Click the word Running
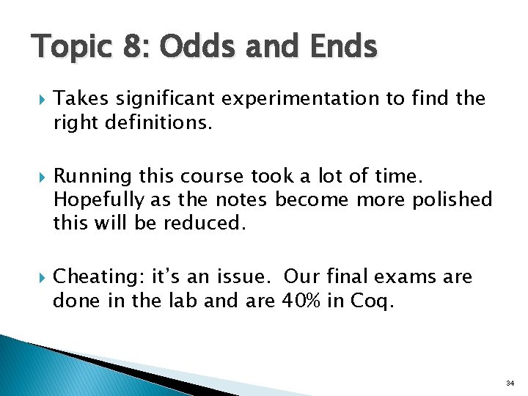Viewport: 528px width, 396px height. pyautogui.click(x=90, y=176)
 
